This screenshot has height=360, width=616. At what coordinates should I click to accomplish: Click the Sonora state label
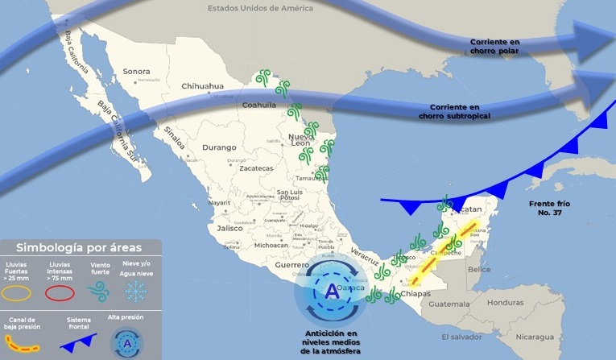pyautogui.click(x=136, y=71)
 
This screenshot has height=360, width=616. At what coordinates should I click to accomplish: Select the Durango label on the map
pyautogui.click(x=220, y=147)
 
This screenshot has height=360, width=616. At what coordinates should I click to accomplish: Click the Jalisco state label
pyautogui.click(x=220, y=228)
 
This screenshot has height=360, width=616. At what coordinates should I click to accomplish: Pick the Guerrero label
pyautogui.click(x=292, y=264)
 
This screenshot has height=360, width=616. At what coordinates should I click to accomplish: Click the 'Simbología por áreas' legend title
pyautogui.click(x=81, y=247)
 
